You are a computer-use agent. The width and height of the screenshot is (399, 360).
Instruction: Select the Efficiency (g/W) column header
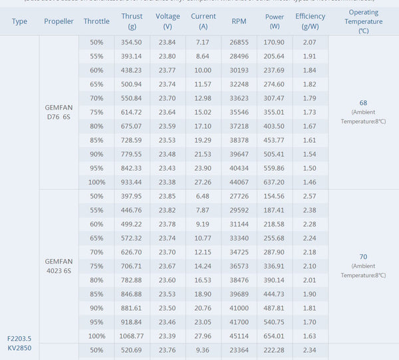click(310, 21)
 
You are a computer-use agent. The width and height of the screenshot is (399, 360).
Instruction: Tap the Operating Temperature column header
click(363, 21)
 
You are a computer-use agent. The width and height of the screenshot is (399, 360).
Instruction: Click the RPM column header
click(239, 21)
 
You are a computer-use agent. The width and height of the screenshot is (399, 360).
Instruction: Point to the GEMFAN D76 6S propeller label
click(59, 112)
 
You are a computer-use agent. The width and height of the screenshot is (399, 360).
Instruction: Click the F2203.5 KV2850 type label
click(19, 342)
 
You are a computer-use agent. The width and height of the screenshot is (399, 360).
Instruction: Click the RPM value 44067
click(239, 182)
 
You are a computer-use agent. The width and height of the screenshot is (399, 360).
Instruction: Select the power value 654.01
click(274, 336)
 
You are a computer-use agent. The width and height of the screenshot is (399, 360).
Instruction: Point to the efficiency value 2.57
click(309, 197)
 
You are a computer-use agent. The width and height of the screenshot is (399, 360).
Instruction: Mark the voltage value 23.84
click(167, 43)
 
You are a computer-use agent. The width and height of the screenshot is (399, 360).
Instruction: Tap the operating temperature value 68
click(363, 103)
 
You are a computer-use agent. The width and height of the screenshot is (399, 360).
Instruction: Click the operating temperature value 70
click(363, 256)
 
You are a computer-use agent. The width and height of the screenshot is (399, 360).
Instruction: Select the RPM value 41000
click(239, 308)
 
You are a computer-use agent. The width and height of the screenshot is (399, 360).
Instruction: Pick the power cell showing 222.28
click(274, 350)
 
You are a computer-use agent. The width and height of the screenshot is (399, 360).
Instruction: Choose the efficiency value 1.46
click(309, 182)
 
